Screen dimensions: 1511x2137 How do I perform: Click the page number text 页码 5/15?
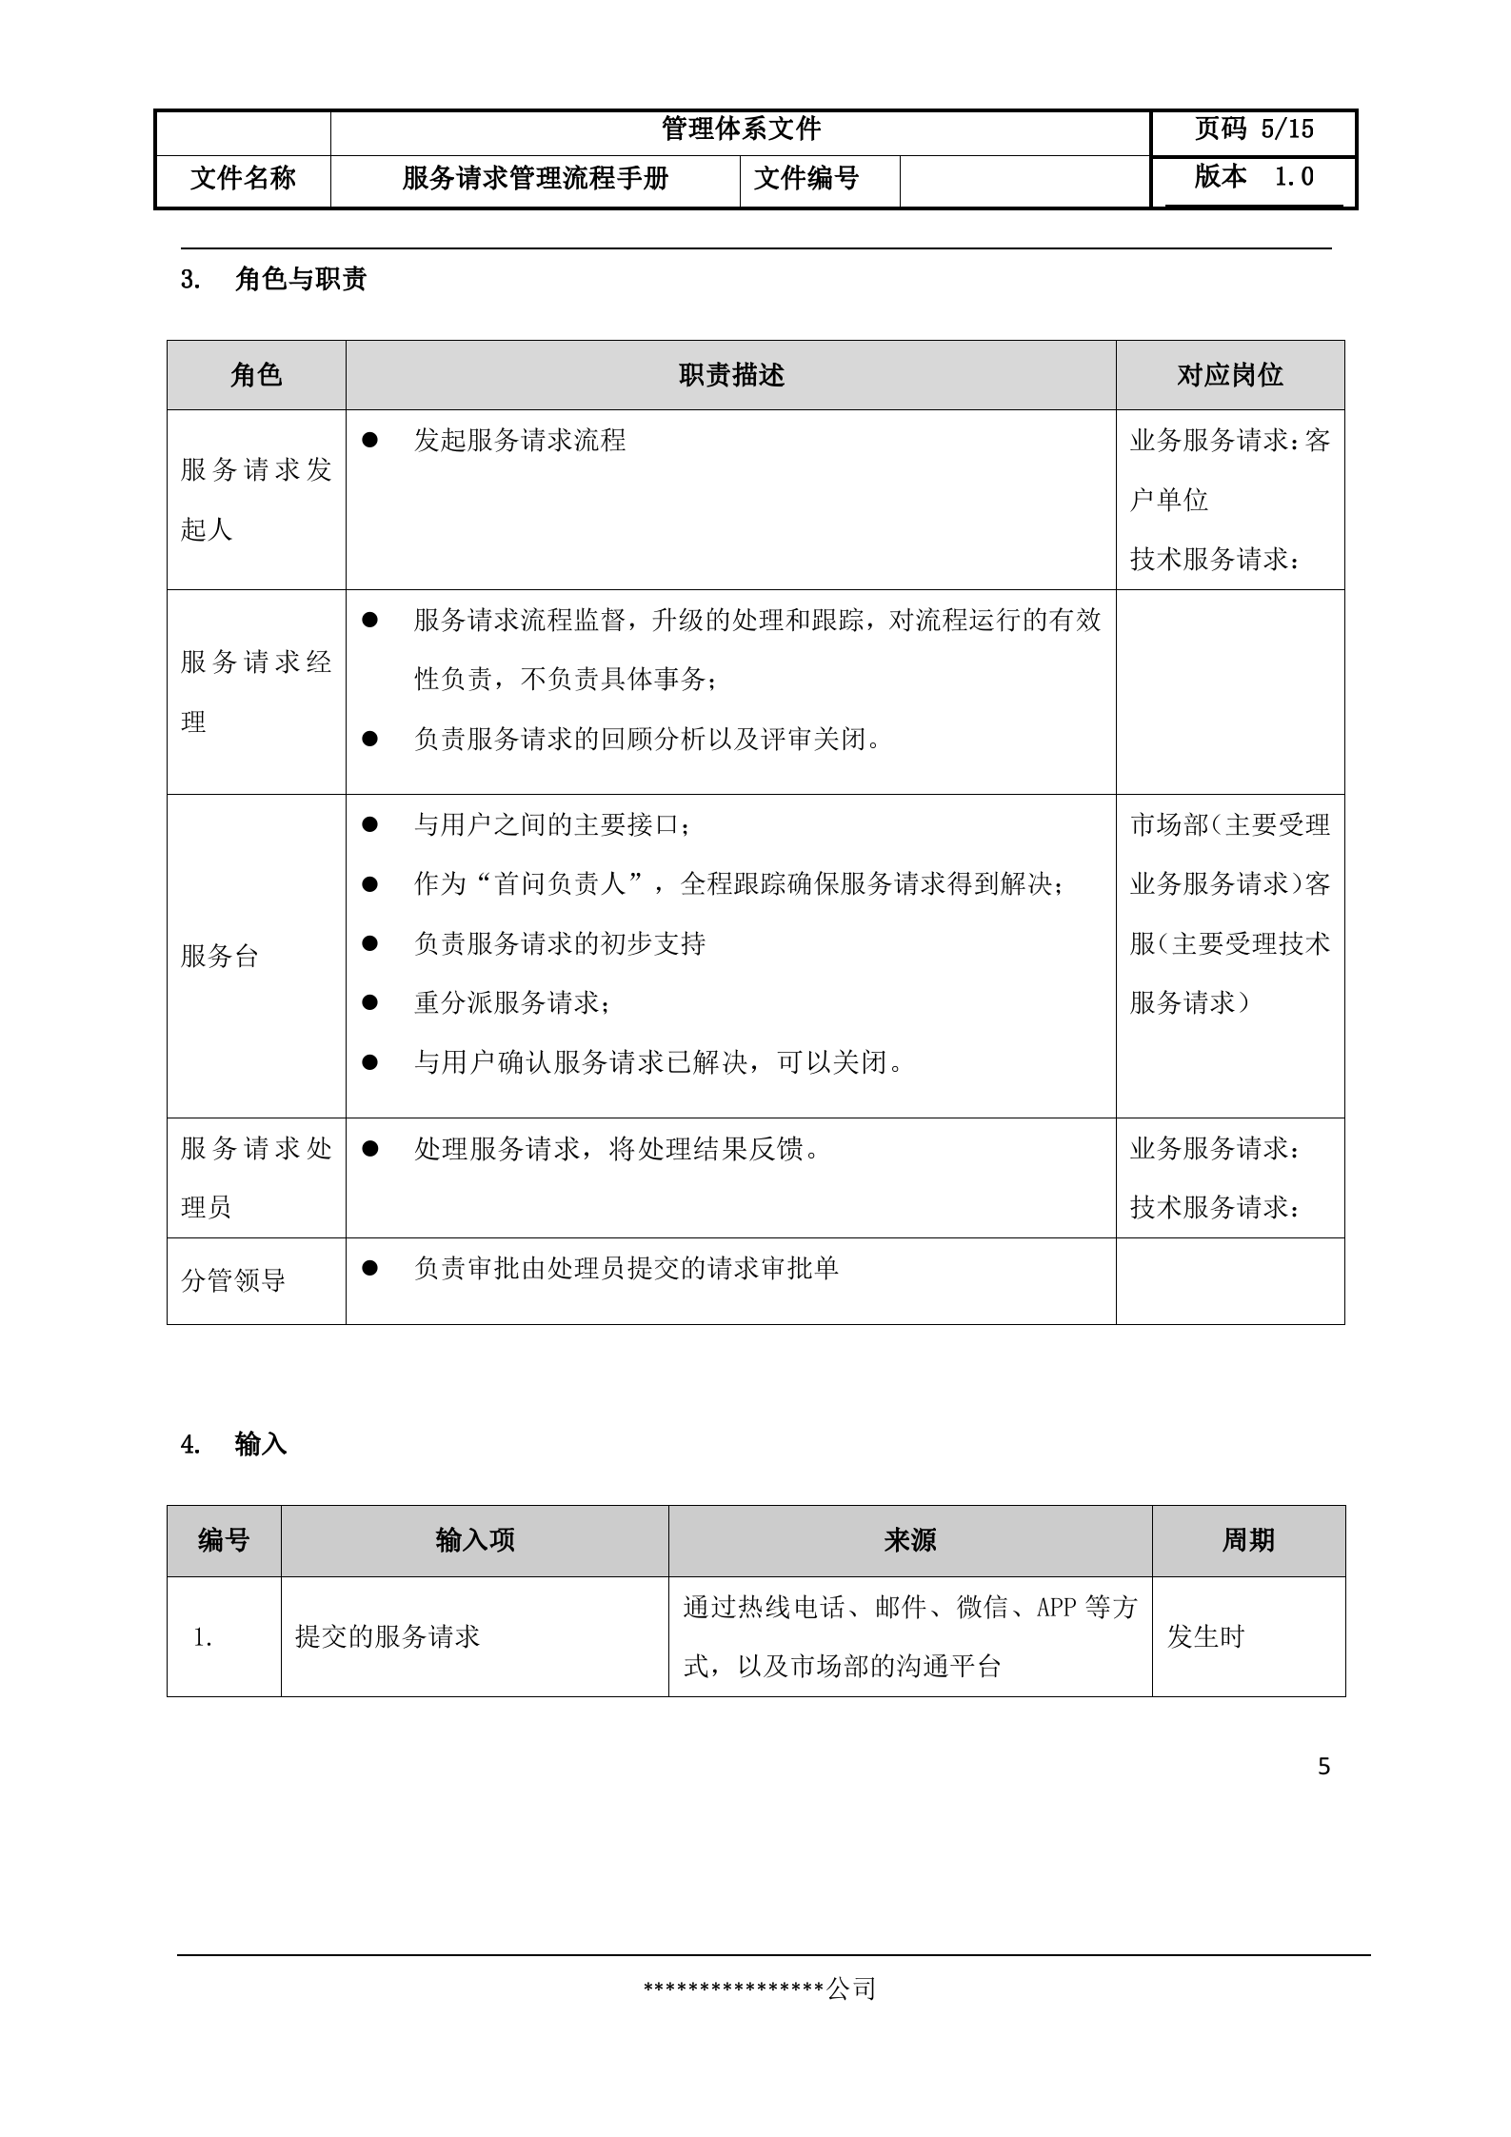[1253, 129]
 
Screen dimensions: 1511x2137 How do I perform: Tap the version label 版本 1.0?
[1253, 177]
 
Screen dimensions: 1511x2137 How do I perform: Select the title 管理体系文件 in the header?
[740, 129]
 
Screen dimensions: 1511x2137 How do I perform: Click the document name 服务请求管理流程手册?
[535, 179]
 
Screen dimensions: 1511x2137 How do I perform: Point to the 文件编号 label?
[805, 179]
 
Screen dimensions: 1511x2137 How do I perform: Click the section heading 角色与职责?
[300, 280]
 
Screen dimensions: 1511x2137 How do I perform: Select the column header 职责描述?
[730, 376]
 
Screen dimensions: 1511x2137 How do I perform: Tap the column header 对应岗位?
[1229, 376]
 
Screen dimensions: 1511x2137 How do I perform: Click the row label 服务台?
[220, 957]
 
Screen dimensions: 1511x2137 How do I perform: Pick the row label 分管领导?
[233, 1280]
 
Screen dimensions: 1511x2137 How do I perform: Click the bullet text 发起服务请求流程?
[519, 441]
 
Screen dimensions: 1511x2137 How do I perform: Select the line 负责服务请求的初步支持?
[559, 944]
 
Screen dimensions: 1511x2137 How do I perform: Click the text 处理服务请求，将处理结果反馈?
[616, 1150]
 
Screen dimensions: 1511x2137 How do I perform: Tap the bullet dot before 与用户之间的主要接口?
[370, 824]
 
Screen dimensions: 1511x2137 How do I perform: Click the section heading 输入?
[260, 1445]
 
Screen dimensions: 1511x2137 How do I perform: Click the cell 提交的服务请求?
[388, 1637]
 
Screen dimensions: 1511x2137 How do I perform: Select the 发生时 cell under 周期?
[1205, 1637]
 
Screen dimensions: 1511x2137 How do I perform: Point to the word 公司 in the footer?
[851, 1989]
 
